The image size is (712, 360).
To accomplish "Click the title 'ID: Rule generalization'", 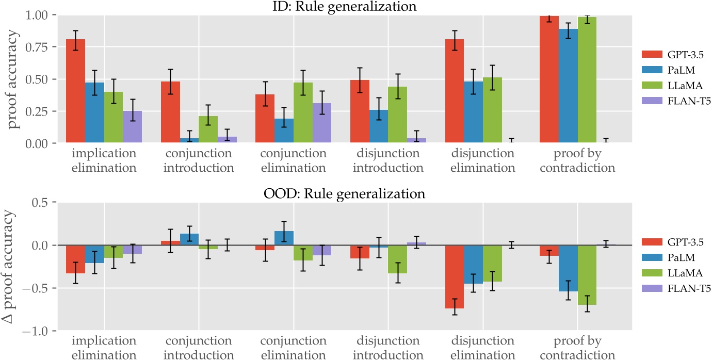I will [345, 6].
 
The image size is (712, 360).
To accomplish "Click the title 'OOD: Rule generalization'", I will [345, 194].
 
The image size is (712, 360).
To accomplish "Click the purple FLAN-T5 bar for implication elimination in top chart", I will [133, 127].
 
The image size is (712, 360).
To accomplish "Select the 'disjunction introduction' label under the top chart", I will [387, 160].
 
